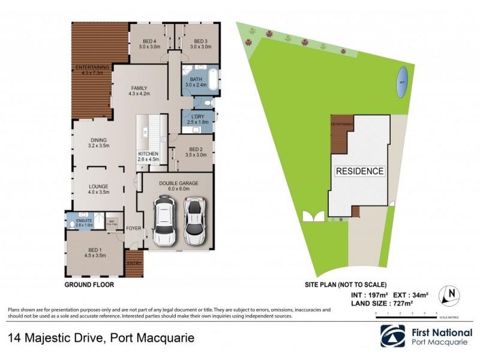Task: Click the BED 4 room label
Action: point(150,40)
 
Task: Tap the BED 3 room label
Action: point(200,40)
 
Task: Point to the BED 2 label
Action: point(197,149)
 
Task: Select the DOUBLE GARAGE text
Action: point(178,183)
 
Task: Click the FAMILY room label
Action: point(138,88)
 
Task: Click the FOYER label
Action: point(133,228)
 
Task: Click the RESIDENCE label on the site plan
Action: point(359,171)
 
